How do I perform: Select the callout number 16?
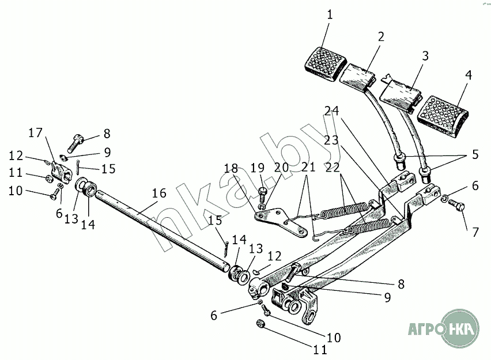tap(159, 193)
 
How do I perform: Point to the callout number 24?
tap(332, 111)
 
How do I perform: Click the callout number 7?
tap(475, 232)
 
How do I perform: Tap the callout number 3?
tap(425, 57)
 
